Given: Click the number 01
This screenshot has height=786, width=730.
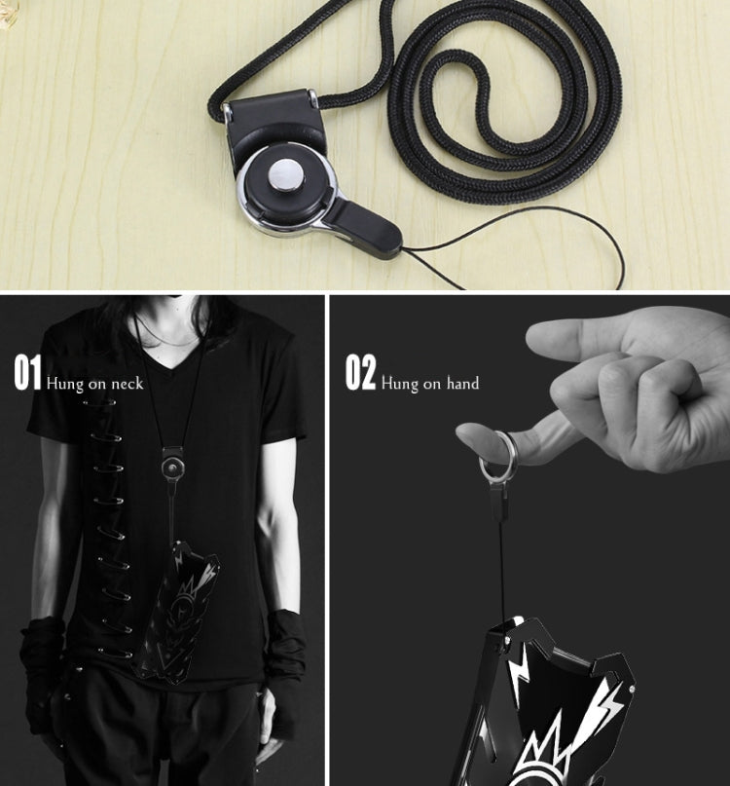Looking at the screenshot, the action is tap(27, 372).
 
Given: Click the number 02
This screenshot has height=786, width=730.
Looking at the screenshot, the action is tap(360, 372).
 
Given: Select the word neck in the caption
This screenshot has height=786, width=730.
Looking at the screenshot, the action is tap(128, 384).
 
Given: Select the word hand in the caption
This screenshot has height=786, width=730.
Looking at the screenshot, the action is tap(463, 384).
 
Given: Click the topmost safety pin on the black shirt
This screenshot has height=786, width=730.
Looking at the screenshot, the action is tap(99, 402).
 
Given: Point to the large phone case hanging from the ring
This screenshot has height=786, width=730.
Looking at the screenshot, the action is tap(551, 702).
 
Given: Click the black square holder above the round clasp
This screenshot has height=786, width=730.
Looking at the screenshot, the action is tap(274, 122).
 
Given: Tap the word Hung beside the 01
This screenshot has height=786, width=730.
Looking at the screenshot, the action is tap(64, 385).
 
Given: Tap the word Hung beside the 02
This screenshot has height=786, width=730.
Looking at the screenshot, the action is tap(400, 385).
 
